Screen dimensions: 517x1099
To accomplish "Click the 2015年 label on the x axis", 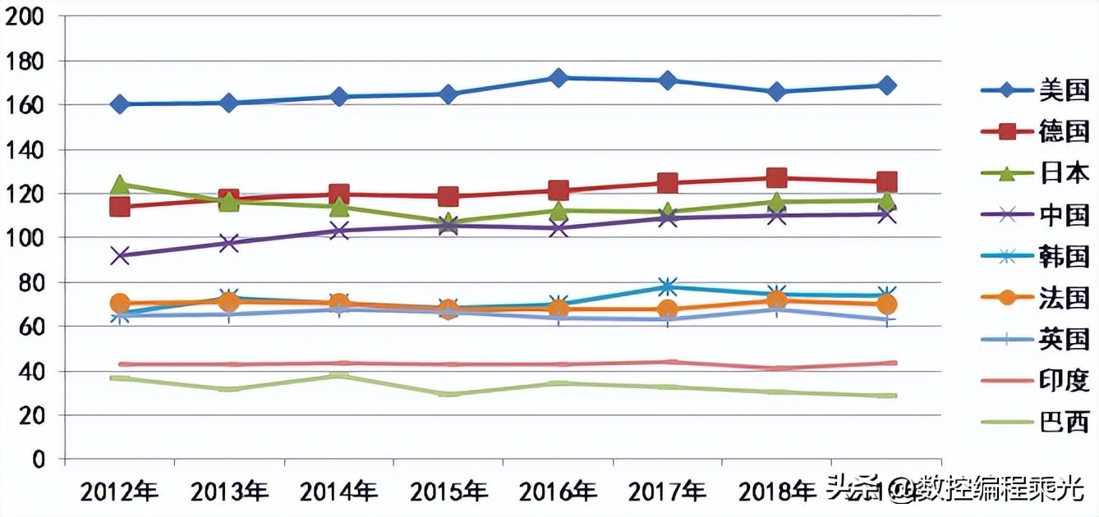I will (448, 492).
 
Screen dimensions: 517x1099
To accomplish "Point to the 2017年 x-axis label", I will (667, 492).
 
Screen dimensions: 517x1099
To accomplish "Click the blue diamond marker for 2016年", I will (559, 78).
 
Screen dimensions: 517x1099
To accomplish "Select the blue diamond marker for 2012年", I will (119, 104).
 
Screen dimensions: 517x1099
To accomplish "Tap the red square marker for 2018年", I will (777, 178).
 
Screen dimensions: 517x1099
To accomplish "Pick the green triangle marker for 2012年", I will (119, 185).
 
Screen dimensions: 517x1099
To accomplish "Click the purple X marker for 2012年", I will (119, 256).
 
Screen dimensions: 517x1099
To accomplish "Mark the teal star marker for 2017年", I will (668, 286).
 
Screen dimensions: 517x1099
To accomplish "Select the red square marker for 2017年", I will (668, 183).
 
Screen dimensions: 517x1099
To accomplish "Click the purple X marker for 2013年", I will (228, 243).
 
